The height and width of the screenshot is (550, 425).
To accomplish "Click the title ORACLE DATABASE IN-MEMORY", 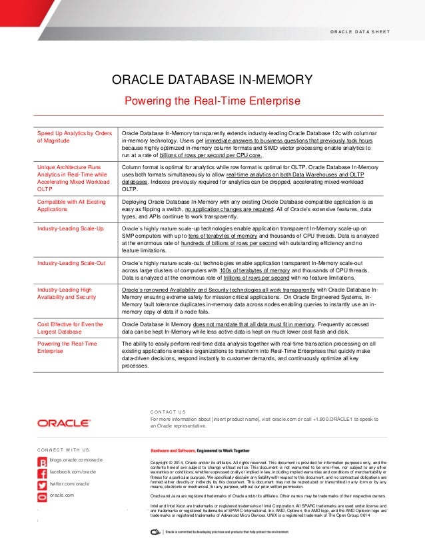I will pos(212,81).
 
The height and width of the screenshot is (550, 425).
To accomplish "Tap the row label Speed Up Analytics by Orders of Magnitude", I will pos(74,137).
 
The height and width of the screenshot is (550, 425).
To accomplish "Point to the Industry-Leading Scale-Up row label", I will pos(70,228).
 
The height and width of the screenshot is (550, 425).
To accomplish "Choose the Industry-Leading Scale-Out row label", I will pos(71,264).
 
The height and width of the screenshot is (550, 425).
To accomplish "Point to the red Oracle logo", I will pos(64,422).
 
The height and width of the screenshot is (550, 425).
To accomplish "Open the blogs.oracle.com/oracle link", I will pos(75,460).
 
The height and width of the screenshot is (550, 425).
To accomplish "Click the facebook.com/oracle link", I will pos(74,472).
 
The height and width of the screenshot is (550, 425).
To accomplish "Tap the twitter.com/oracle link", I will pos(69,483).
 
